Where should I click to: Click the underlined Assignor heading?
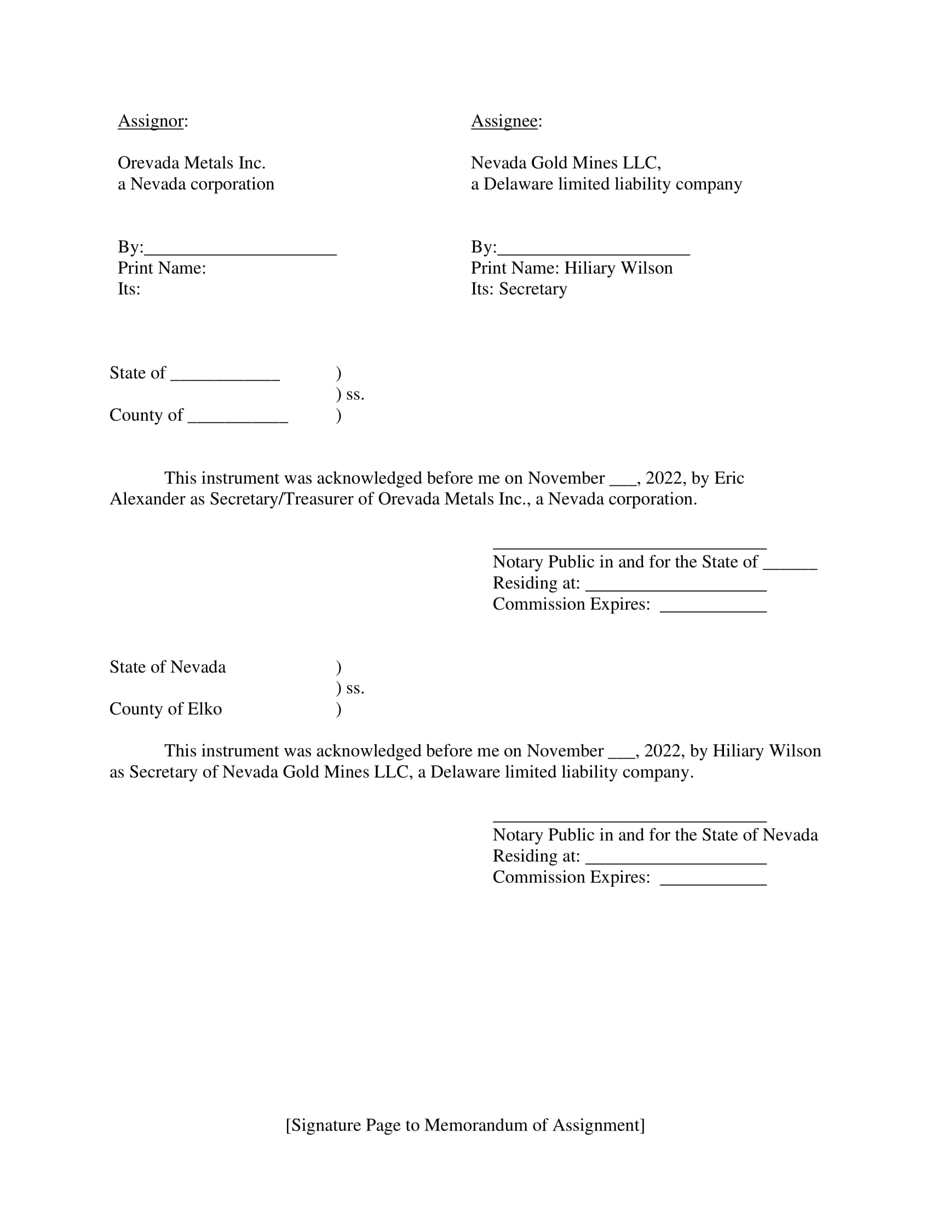coord(150,121)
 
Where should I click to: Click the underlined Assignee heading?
coord(504,121)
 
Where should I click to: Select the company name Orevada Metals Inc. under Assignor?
coord(191,163)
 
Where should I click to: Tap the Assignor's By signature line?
coord(240,248)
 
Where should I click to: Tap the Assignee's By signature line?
coord(593,248)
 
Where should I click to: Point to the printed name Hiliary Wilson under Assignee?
coord(618,268)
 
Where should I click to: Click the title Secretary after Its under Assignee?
coord(533,289)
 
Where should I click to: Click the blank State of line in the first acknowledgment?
coord(225,374)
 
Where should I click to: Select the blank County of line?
coord(238,416)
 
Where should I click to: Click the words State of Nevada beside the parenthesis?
coord(168,667)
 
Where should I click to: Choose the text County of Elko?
coord(165,709)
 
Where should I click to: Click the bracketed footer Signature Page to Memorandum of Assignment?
coord(465,1125)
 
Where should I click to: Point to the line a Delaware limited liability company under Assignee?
coord(606,183)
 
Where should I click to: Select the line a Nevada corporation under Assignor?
coord(196,183)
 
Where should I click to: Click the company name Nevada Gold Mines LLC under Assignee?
coord(565,163)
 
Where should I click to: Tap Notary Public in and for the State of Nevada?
coord(654,835)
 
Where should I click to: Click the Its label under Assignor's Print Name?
coord(129,289)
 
